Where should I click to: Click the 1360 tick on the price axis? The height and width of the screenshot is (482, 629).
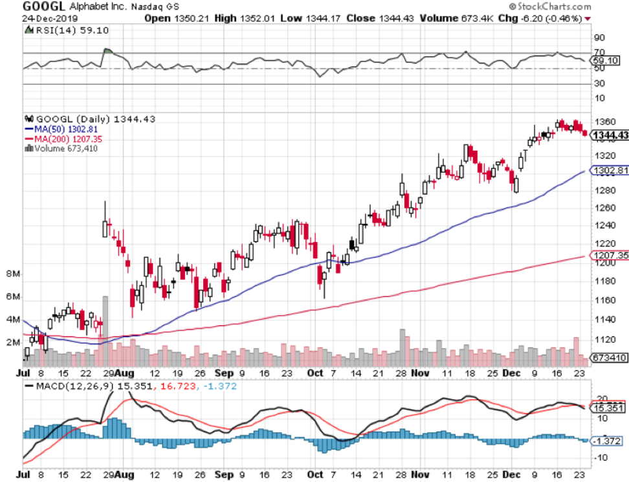(606, 122)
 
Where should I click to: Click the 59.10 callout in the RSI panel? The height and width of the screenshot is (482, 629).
(608, 60)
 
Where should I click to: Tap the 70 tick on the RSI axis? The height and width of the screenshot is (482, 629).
(599, 52)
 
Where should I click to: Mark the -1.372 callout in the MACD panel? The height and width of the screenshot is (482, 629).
(610, 440)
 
